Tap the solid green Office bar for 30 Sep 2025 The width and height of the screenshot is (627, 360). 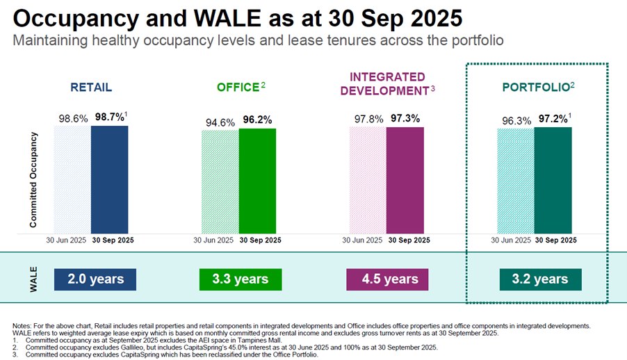tap(257, 181)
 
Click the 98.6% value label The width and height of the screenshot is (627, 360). tap(72, 119)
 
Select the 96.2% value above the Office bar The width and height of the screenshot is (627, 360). tap(257, 120)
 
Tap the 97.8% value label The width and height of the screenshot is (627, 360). tap(368, 119)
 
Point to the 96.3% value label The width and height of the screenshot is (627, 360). tap(516, 120)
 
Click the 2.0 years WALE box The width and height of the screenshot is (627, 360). tap(95, 279)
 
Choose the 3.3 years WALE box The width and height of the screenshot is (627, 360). tap(241, 279)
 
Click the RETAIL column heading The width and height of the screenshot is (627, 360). tap(91, 88)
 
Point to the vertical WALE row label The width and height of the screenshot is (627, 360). tap(33, 279)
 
